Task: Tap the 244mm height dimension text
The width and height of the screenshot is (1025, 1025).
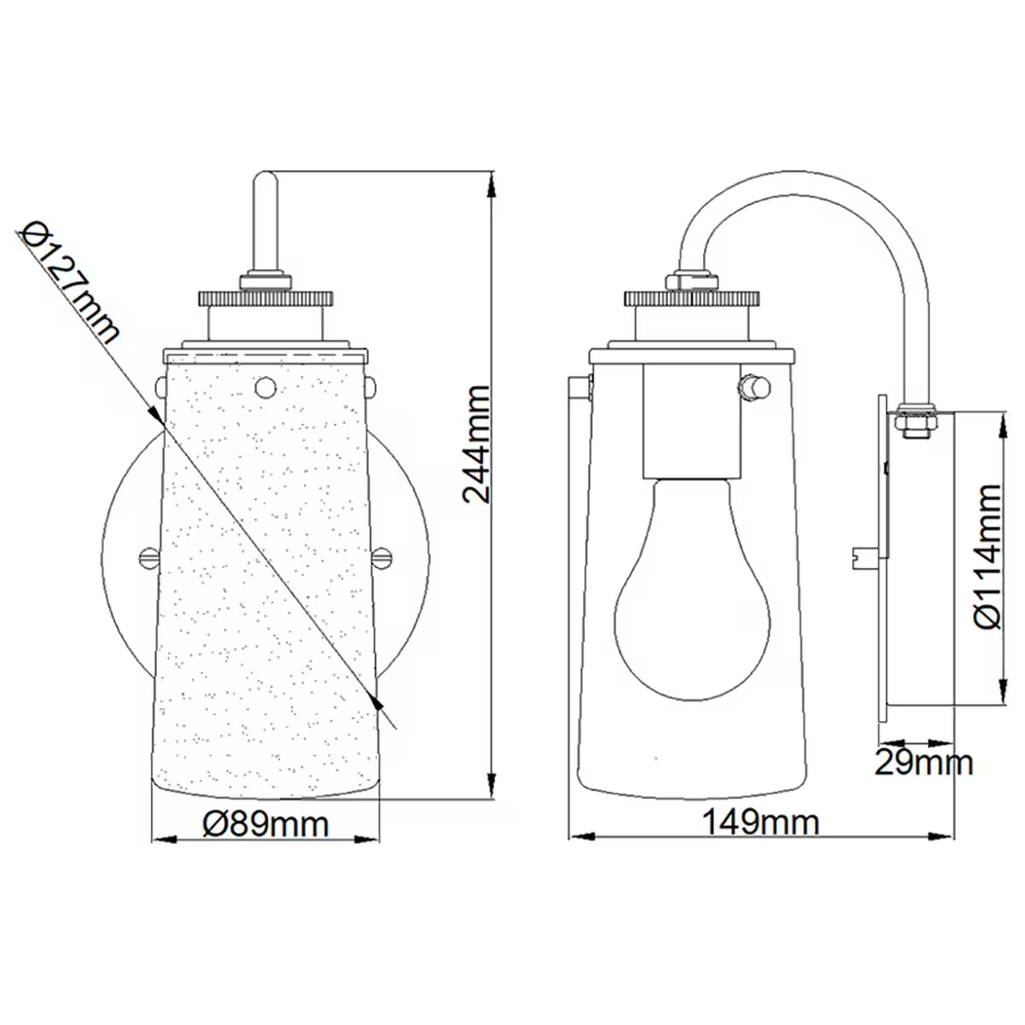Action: point(477,444)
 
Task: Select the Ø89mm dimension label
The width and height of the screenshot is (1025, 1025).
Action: point(266,824)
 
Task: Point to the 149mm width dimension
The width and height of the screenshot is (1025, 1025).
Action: point(761,823)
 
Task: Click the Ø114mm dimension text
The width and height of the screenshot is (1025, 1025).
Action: point(987,556)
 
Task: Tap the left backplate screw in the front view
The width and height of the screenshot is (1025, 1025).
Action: point(149,557)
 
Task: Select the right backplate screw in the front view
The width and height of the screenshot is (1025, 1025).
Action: point(382,557)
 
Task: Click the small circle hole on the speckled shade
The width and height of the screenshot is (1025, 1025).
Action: point(266,387)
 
